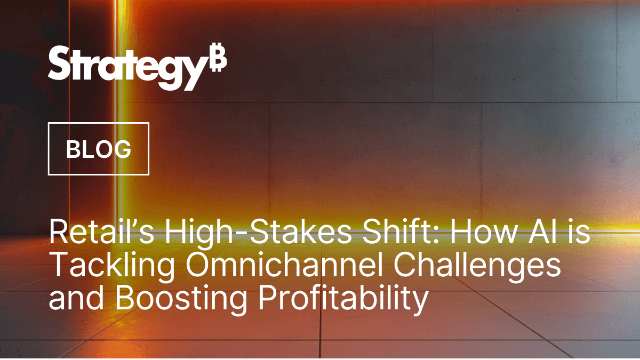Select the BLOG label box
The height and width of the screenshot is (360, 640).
[x=99, y=149]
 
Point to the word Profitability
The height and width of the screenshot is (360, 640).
[x=343, y=300]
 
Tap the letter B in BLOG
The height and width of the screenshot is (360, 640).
[x=73, y=149]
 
